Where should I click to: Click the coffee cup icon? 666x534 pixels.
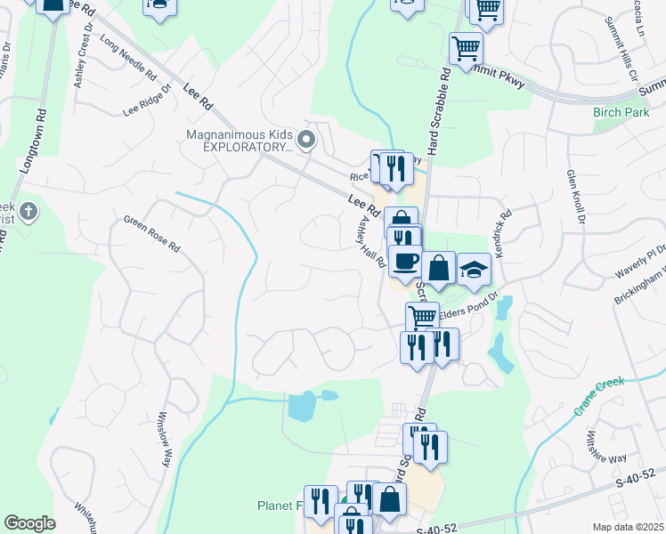[405, 261]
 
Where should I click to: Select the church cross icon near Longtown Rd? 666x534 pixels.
[28, 212]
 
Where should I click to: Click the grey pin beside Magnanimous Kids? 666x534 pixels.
[306, 139]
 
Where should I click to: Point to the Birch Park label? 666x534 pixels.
[621, 113]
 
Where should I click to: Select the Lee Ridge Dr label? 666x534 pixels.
[147, 101]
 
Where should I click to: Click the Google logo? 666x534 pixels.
[30, 523]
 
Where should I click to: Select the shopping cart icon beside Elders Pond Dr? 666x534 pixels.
[422, 317]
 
